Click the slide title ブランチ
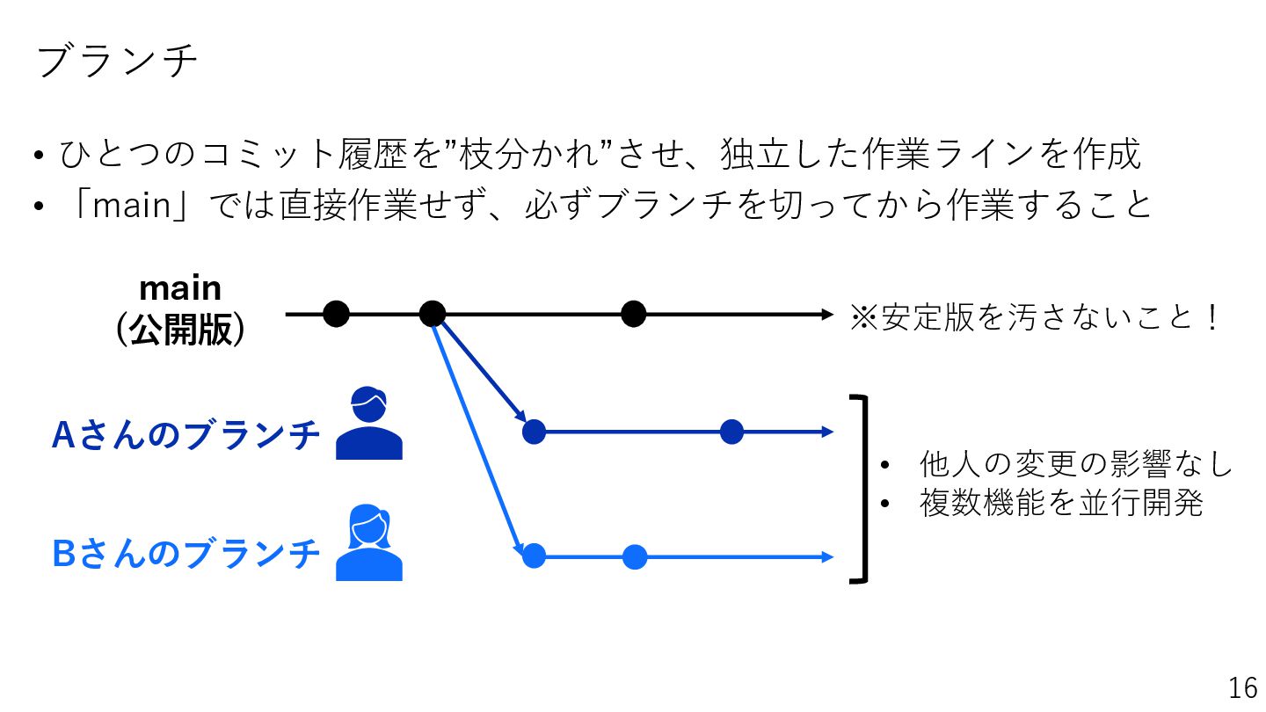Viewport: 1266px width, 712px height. coord(118,62)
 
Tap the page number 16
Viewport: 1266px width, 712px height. coord(1243,687)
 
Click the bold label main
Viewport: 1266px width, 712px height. coord(180,288)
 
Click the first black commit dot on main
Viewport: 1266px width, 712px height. coord(336,313)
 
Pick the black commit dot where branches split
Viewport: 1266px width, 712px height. coord(432,313)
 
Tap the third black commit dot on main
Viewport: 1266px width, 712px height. coord(633,313)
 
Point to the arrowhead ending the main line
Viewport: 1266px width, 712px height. coord(826,313)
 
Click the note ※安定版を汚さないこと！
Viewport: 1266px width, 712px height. coord(1034,318)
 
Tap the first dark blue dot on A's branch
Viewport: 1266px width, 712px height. coord(534,432)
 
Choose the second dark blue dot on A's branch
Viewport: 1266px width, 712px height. coord(731,432)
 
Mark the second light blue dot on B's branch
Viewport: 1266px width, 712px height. coord(634,556)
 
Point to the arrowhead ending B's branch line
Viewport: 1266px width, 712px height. coord(826,556)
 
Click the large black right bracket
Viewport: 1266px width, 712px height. coord(861,489)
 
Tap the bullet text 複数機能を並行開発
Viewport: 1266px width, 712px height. coord(1060,504)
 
